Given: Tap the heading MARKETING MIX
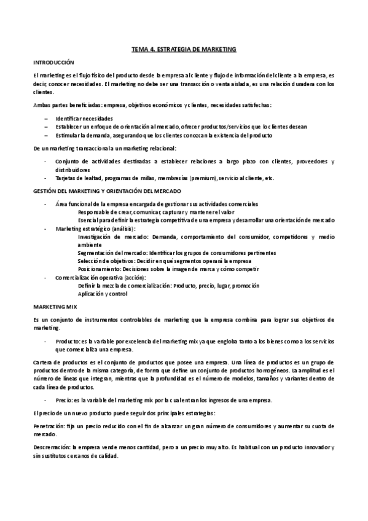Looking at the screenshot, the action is (53, 305).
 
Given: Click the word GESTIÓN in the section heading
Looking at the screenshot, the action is (43, 191).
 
